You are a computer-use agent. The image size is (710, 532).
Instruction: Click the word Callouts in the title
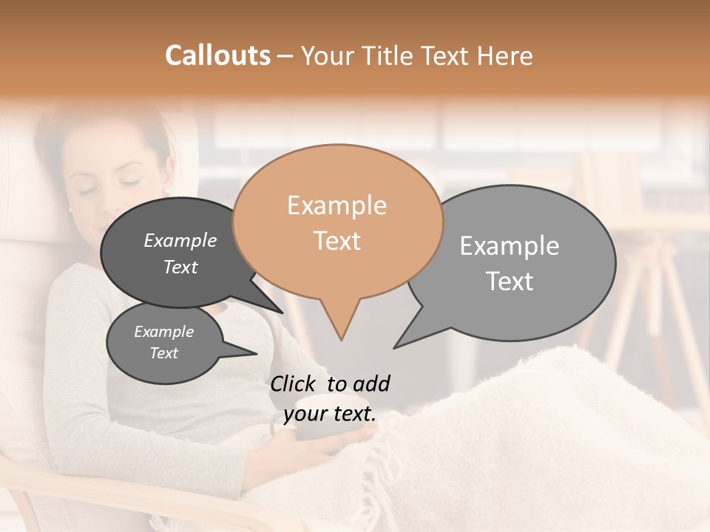click(217, 55)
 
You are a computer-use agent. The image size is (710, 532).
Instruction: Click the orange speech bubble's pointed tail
click(340, 329)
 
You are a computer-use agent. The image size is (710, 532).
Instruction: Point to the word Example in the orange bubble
click(337, 205)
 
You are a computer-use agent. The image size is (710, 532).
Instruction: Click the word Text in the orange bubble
click(337, 241)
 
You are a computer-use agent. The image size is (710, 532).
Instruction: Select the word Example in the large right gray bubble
click(510, 246)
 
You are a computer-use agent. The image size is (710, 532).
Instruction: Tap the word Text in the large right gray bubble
click(510, 281)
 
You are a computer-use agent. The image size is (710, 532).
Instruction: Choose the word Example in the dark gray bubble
click(180, 240)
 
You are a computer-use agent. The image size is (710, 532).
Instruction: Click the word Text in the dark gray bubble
click(180, 267)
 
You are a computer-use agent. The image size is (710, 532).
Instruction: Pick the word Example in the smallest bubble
click(163, 332)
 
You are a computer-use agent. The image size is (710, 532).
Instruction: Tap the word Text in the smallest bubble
click(163, 353)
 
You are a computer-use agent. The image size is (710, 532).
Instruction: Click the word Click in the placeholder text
click(294, 383)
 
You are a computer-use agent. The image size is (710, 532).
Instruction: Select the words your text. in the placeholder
click(329, 414)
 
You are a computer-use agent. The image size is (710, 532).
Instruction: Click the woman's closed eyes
click(111, 185)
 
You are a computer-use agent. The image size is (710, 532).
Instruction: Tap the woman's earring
click(168, 191)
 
